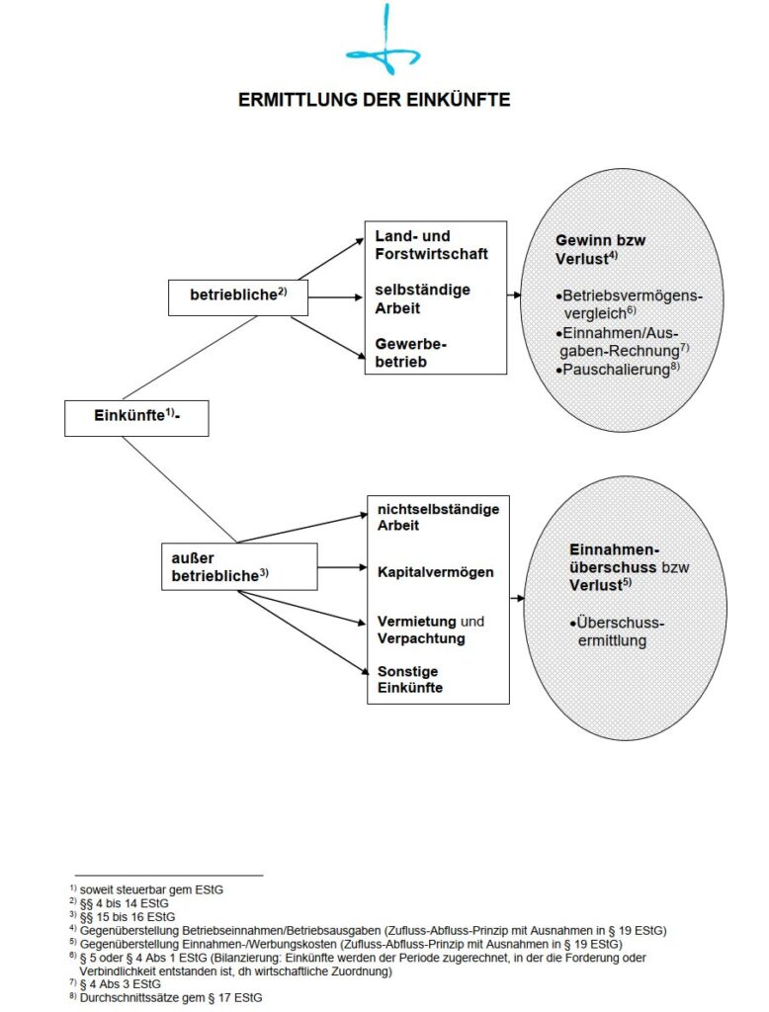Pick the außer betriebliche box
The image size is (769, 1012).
238,566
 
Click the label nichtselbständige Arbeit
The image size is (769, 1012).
438,517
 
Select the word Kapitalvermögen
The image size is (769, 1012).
435,572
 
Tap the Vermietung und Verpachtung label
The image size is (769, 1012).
431,630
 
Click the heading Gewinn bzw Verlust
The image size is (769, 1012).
601,249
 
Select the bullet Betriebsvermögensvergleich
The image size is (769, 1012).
629,304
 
